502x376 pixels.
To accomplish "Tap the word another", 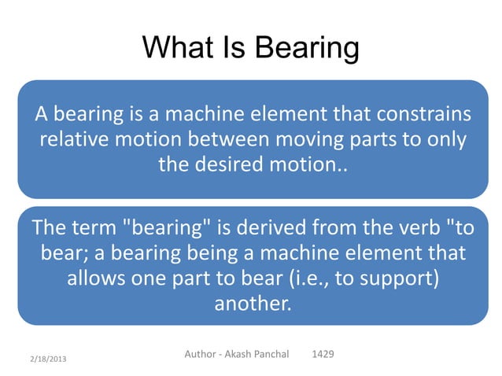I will (252, 304).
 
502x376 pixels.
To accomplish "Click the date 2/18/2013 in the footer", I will (45, 359).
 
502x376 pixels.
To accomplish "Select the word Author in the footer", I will (202, 355).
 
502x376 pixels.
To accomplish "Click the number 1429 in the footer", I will (323, 355).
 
